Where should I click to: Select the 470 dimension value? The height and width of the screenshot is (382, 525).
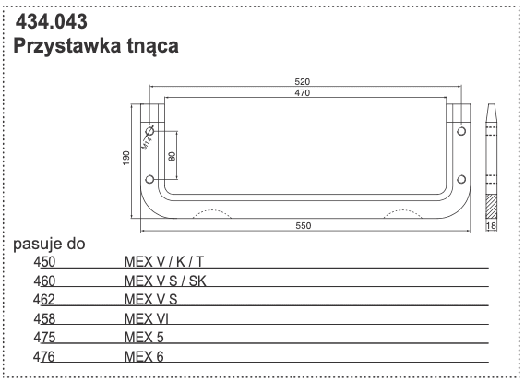303,94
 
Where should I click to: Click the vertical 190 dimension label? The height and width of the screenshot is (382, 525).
127,159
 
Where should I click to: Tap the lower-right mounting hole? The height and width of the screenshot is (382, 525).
459,178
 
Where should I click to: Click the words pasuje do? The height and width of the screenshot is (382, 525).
49,245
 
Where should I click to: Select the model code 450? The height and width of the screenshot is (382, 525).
44,261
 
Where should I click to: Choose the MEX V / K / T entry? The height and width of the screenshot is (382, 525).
164,261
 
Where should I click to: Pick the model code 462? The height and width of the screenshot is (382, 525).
44,299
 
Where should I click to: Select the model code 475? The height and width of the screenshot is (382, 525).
44,337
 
